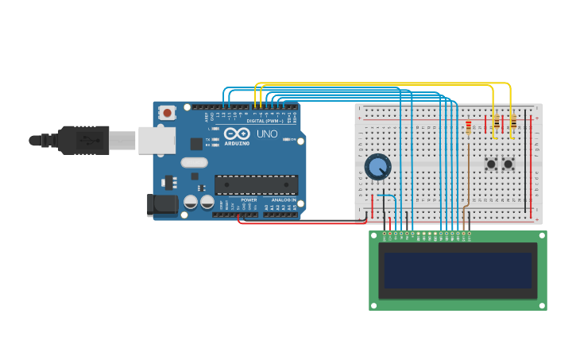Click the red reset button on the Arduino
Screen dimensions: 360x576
(167, 113)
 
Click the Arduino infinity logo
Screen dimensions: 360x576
(236, 134)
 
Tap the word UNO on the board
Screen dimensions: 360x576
(267, 134)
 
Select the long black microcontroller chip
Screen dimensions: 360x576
(256, 185)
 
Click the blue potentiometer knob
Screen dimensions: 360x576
(378, 167)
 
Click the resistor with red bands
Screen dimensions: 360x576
(469, 127)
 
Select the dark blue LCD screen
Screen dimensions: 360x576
(458, 270)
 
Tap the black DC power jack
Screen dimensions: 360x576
(163, 205)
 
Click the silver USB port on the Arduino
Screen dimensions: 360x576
(157, 140)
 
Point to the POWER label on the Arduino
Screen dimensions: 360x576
(249, 200)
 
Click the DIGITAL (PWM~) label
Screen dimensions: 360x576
(267, 121)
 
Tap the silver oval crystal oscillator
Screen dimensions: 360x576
(194, 163)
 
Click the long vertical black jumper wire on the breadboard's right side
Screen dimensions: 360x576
(525, 167)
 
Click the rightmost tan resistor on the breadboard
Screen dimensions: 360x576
(512, 122)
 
